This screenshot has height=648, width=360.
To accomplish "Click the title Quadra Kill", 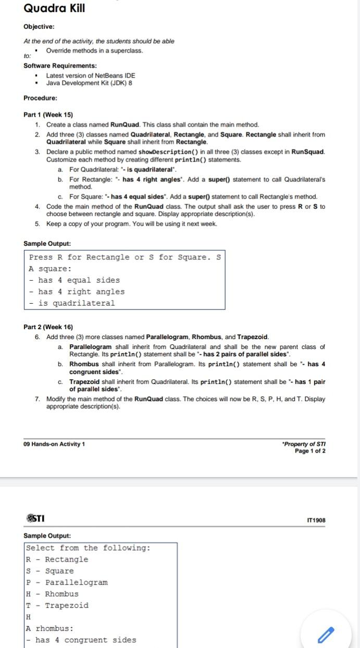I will tap(54, 8).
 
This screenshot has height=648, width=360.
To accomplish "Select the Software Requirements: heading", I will tap(60, 66).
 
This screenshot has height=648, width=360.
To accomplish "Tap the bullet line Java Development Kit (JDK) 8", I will tap(89, 83).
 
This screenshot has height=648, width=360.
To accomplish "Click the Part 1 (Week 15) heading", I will tap(48, 115).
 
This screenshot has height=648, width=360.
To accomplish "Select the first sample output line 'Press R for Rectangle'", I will tap(125, 257).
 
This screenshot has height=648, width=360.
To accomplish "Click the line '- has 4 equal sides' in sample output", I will tap(75, 280).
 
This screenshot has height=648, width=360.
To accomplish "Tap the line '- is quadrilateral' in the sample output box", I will tap(72, 303).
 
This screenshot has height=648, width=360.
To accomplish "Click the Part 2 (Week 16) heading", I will tap(48, 327).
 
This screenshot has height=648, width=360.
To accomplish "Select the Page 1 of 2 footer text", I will tap(310, 451).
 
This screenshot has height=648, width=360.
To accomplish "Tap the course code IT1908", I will tap(316, 505).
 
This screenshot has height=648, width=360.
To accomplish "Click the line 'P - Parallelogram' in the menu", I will tap(67, 582).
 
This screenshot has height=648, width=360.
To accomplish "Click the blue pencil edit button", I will tap(325, 634).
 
